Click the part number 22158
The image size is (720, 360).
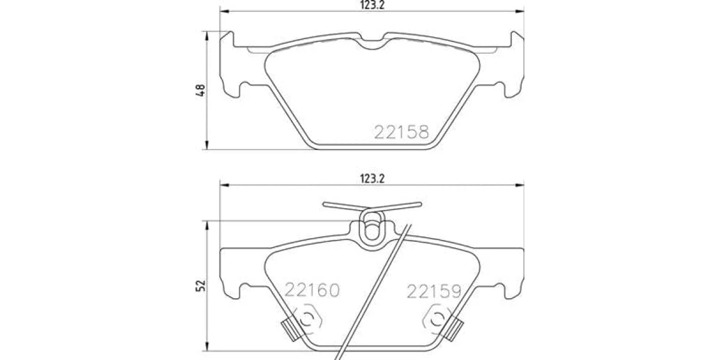coord(401,132)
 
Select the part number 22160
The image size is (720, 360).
coord(312,290)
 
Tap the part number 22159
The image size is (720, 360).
coord(434,292)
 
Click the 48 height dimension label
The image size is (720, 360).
coord(200,90)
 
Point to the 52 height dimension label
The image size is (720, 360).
coord(200,286)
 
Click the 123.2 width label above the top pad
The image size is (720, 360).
coord(372,5)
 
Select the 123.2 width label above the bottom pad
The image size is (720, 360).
coord(372,179)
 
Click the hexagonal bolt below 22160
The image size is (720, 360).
coord(307,319)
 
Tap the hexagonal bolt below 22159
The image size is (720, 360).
coord(437,319)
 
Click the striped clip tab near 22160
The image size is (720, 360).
coord(291,331)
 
